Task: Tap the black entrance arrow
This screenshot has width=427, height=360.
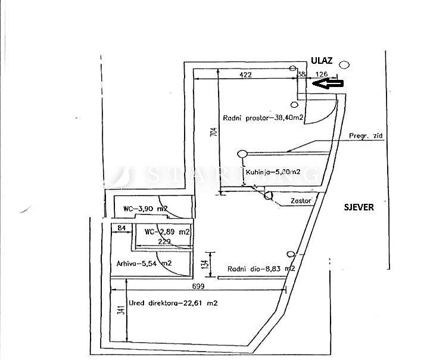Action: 329,84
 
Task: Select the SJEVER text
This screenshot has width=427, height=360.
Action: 359,207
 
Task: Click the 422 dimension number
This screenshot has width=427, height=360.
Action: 245,75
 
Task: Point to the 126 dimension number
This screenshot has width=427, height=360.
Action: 322,75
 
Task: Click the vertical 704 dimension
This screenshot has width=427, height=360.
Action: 214,132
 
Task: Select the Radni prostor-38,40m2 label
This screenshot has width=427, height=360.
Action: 264,117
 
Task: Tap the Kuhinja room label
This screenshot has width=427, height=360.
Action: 274,173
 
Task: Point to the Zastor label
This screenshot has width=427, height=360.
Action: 302,201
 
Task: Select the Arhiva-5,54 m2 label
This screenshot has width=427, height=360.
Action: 144,263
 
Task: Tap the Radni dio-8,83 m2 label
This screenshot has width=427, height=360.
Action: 261,269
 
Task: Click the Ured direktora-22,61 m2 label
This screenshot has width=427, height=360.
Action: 173,303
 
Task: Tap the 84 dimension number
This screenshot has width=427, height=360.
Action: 121,228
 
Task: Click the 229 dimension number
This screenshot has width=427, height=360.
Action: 165,241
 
